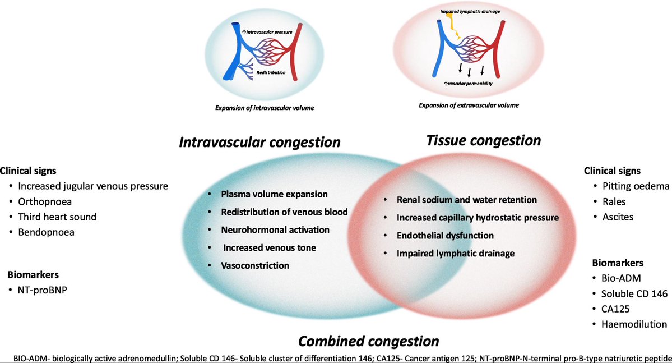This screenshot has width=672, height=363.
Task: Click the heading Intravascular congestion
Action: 259,143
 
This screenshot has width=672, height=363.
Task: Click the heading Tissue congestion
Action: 484,140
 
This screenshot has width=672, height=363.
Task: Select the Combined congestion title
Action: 368,341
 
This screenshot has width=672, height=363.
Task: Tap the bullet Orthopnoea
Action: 45,201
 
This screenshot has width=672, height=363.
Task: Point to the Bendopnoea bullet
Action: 45,232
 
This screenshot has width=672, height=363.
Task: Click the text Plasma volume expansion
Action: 274,194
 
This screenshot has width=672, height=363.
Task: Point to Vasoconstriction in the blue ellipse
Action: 255,265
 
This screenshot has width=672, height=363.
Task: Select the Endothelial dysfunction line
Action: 445,236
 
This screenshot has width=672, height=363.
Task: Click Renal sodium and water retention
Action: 466,200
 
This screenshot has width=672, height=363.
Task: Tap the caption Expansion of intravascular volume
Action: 264,107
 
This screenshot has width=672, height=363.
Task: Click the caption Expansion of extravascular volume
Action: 469,105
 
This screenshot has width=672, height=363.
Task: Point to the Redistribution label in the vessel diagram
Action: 271,73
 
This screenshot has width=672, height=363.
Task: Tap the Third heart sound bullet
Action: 57,217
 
